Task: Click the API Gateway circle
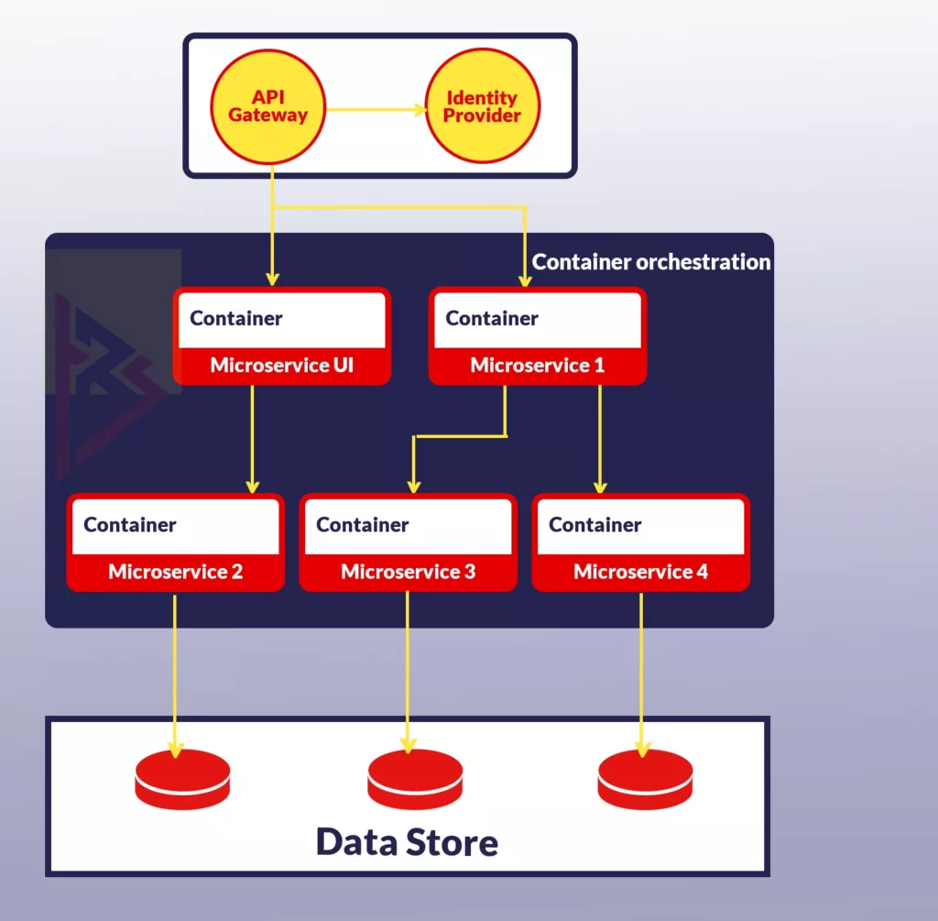[x=267, y=106]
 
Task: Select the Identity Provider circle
[x=482, y=106]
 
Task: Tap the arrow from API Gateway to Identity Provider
[x=376, y=110]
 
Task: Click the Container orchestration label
[x=650, y=262]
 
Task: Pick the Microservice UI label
[x=281, y=366]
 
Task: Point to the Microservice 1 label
[x=537, y=366]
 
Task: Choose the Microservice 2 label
[x=175, y=572]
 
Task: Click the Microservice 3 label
[x=408, y=572]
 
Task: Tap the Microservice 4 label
[x=640, y=572]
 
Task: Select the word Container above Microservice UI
[x=236, y=319]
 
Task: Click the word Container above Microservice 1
[x=492, y=319]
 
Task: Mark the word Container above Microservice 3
[x=363, y=525]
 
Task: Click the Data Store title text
[x=407, y=841]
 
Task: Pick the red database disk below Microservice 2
[x=182, y=779]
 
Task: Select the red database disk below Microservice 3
[x=415, y=779]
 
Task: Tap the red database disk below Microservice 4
[x=645, y=779]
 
